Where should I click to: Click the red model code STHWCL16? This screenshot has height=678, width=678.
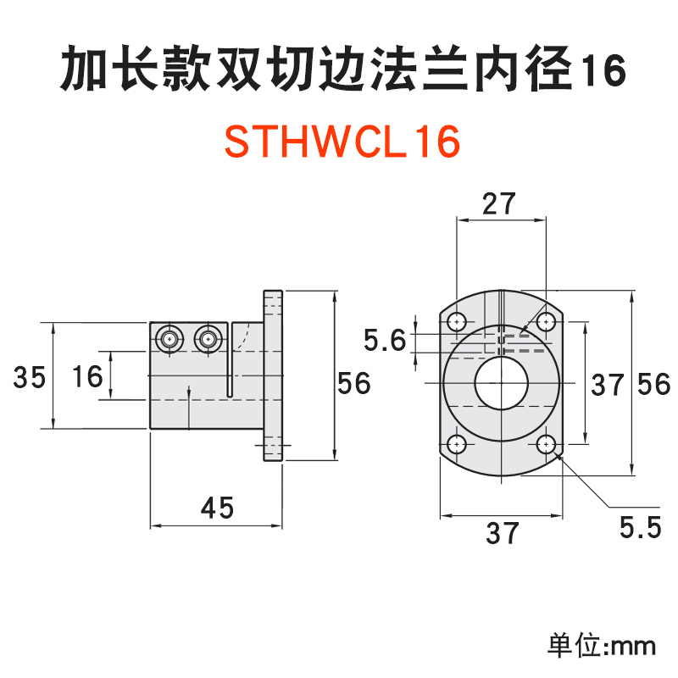[342, 142]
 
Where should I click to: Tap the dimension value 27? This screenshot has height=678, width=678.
[499, 204]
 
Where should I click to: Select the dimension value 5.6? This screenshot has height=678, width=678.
[385, 342]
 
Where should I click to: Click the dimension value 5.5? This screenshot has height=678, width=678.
[640, 528]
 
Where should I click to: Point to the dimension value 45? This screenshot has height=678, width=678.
[216, 508]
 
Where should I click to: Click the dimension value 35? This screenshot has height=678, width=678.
[30, 378]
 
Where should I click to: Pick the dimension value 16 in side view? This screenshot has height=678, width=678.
[86, 378]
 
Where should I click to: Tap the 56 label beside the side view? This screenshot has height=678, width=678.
[354, 383]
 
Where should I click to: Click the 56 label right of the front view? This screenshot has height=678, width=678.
[653, 384]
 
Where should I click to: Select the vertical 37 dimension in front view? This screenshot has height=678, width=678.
[607, 386]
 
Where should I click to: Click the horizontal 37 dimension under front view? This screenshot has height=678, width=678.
[503, 533]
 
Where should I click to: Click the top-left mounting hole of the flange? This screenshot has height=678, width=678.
[457, 322]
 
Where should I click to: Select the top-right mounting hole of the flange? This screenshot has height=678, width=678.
[546, 322]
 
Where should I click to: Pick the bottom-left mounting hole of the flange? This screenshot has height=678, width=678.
[457, 444]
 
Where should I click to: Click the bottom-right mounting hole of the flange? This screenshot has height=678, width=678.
[546, 444]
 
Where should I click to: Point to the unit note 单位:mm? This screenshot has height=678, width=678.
[602, 646]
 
